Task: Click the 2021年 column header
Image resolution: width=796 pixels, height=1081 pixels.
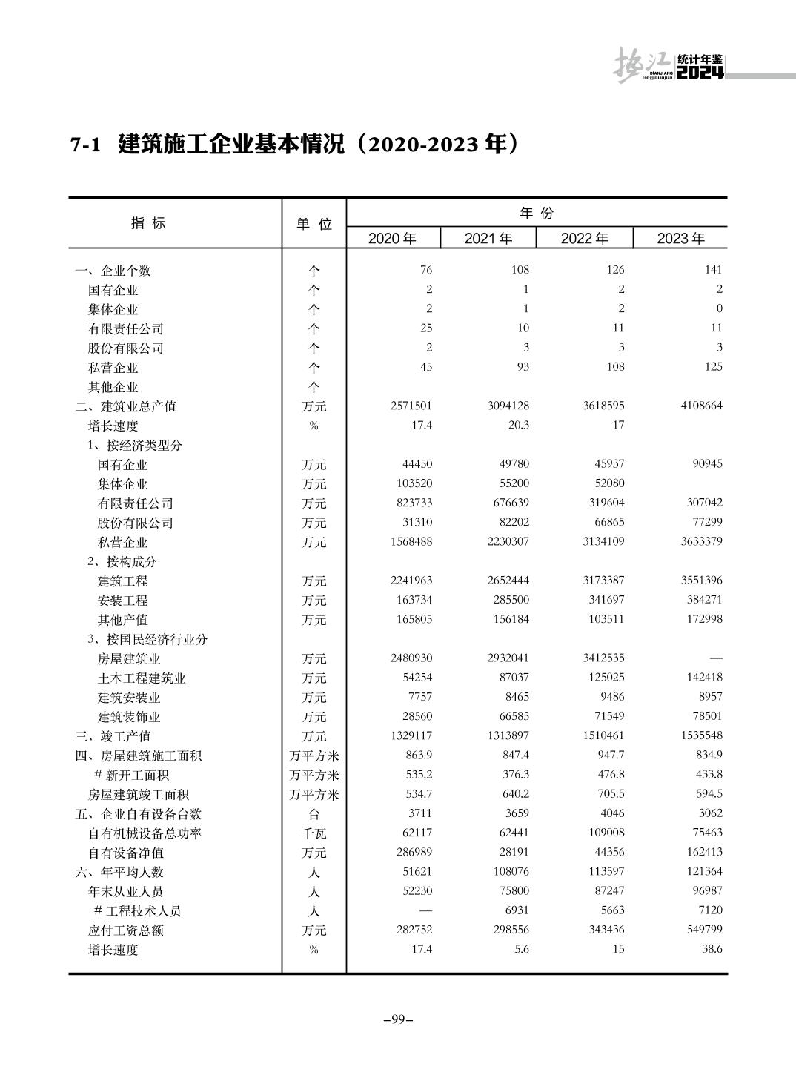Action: (488, 238)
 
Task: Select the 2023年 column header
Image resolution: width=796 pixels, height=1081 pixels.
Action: (680, 238)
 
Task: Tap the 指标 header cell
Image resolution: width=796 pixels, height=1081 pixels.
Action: (148, 223)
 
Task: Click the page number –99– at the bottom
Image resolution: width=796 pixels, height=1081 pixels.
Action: (398, 1019)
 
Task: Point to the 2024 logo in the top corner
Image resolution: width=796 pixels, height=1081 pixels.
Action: (700, 73)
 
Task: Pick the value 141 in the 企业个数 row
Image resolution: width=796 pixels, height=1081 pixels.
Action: (713, 270)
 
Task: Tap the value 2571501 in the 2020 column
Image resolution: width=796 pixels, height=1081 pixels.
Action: (411, 406)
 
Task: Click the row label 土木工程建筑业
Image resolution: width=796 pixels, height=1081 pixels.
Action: (142, 678)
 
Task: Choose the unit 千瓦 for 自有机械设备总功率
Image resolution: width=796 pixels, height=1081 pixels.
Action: (314, 833)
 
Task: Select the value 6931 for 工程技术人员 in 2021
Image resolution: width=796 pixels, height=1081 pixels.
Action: (515, 910)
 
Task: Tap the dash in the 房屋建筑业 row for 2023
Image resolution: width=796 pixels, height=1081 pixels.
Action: (715, 658)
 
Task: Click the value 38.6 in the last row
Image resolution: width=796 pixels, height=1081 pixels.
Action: (712, 949)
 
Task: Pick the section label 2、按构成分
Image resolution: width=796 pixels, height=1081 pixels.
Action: (122, 562)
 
